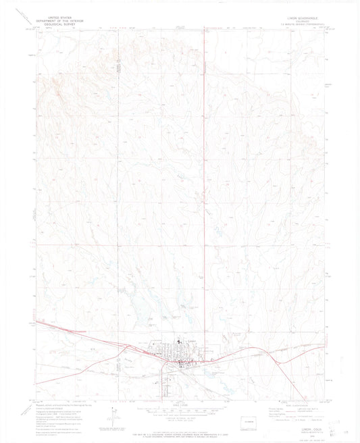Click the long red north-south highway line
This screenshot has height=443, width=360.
(205, 169)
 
